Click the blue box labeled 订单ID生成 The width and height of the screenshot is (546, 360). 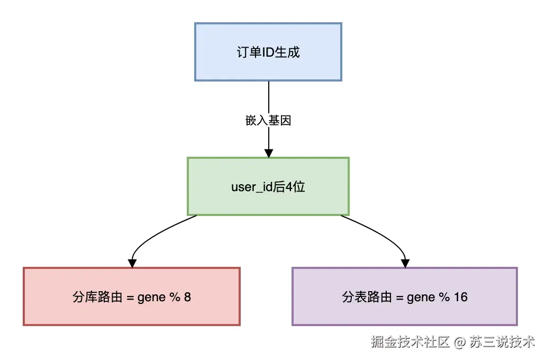point(268,52)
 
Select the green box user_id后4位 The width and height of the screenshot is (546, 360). point(268,186)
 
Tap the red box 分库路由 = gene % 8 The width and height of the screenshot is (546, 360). point(132,296)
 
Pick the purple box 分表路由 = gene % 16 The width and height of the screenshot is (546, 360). point(405,296)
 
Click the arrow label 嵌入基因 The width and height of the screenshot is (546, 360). point(269,121)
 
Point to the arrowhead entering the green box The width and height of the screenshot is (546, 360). point(269,153)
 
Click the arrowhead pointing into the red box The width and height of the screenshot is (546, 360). point(132,263)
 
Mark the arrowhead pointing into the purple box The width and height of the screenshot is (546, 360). point(405,263)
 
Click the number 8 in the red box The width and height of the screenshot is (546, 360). point(187,297)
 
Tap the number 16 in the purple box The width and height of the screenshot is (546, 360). point(460,297)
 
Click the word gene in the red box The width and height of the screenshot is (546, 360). point(151,297)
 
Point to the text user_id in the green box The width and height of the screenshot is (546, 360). point(251,187)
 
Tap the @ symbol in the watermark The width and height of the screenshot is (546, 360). point(459,341)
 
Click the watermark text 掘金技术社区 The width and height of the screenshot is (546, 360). point(410,341)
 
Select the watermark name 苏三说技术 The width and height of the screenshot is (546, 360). point(502,341)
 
